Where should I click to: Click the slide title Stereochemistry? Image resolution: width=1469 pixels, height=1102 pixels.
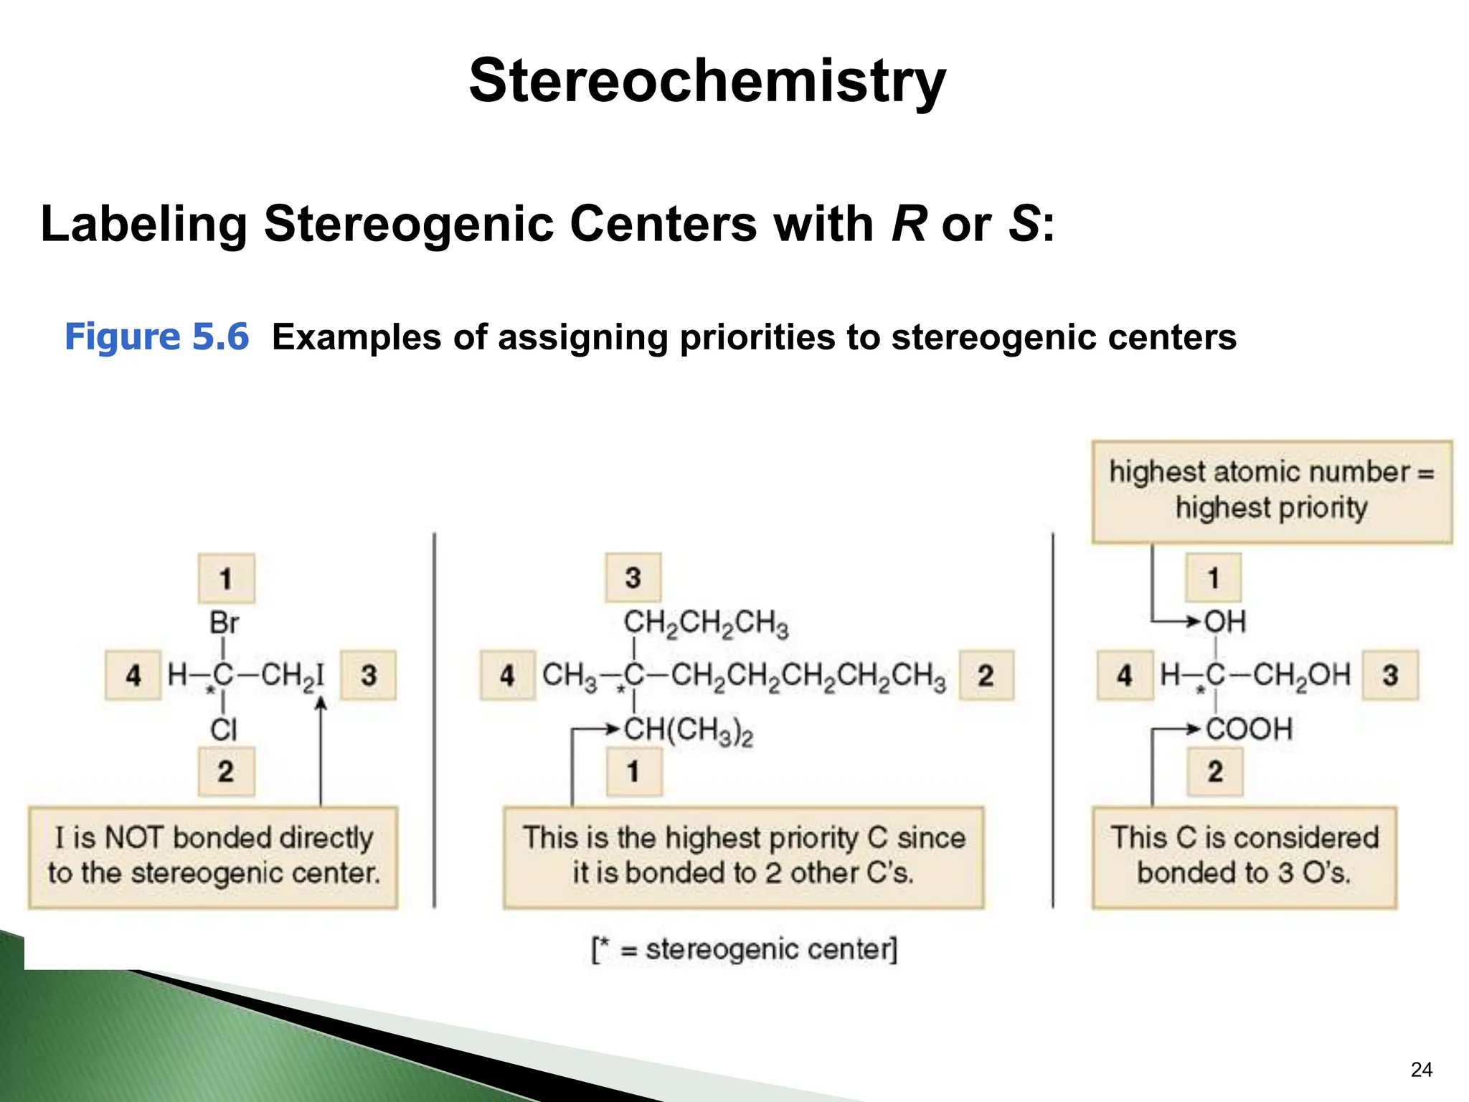pyautogui.click(x=707, y=80)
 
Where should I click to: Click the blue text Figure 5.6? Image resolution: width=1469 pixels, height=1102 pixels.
pyautogui.click(x=156, y=336)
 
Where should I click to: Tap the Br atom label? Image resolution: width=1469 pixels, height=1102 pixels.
pyautogui.click(x=224, y=623)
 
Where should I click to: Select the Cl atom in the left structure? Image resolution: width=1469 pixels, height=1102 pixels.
pyautogui.click(x=223, y=730)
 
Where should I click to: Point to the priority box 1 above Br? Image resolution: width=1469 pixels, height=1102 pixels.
pyautogui.click(x=226, y=578)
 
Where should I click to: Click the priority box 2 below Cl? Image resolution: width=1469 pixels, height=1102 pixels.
pyautogui.click(x=226, y=772)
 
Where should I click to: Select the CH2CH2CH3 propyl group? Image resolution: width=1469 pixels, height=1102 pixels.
pyautogui.click(x=706, y=623)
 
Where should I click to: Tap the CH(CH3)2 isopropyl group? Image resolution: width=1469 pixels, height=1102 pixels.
pyautogui.click(x=689, y=730)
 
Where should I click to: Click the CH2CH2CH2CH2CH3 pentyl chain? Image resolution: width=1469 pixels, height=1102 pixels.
pyautogui.click(x=808, y=676)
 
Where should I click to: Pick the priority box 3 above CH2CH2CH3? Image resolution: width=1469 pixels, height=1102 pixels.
pyautogui.click(x=633, y=578)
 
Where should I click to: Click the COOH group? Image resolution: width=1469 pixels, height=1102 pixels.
pyautogui.click(x=1249, y=730)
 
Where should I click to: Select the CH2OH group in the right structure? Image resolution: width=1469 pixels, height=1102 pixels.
pyautogui.click(x=1301, y=675)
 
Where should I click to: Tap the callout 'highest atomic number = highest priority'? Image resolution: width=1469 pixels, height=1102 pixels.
pyautogui.click(x=1271, y=491)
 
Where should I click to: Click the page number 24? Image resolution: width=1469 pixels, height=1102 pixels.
pyautogui.click(x=1421, y=1070)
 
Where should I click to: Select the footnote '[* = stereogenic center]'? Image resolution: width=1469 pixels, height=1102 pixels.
pyautogui.click(x=744, y=950)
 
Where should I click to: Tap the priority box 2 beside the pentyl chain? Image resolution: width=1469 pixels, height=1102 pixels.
pyautogui.click(x=986, y=675)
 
